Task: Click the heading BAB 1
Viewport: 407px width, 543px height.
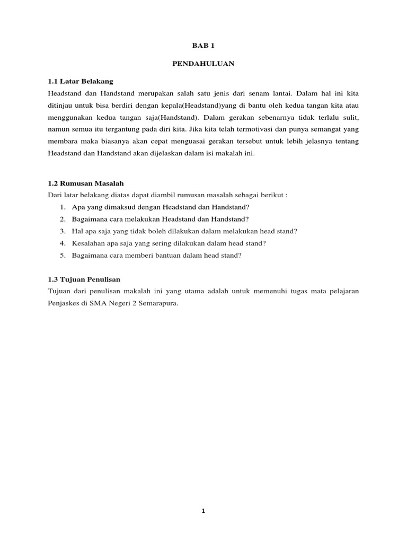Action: coord(203,46)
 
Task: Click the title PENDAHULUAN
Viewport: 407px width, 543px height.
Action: coord(203,64)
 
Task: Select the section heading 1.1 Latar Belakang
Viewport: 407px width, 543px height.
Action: coord(81,81)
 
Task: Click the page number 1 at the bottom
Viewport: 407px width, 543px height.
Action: coord(203,511)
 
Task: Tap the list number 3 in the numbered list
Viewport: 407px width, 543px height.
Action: coord(62,231)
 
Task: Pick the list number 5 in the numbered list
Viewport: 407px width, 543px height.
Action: coord(62,256)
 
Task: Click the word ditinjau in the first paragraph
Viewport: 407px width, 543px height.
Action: coord(61,105)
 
